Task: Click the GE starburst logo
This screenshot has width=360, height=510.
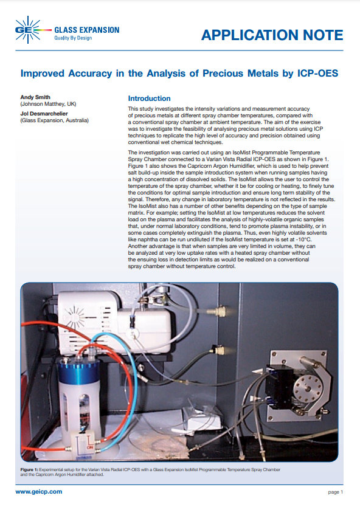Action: pyautogui.click(x=29, y=30)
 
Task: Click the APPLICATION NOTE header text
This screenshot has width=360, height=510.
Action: pyautogui.click(x=272, y=35)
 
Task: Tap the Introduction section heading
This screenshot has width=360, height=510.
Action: pyautogui.click(x=149, y=98)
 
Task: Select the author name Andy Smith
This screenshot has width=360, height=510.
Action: pyautogui.click(x=35, y=97)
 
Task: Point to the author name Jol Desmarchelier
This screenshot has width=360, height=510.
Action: pyautogui.click(x=44, y=114)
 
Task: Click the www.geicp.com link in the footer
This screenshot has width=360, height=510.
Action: pyautogui.click(x=39, y=492)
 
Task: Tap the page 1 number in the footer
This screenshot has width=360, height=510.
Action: pyautogui.click(x=335, y=492)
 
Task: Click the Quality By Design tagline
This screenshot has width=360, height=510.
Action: pyautogui.click(x=73, y=38)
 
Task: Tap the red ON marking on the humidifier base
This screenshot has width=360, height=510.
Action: pyautogui.click(x=89, y=447)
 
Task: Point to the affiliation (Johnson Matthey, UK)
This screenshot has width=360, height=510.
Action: pyautogui.click(x=48, y=104)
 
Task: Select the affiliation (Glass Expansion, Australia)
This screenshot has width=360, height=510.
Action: pyautogui.click(x=54, y=120)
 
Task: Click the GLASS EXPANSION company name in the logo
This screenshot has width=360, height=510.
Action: pyautogui.click(x=86, y=30)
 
